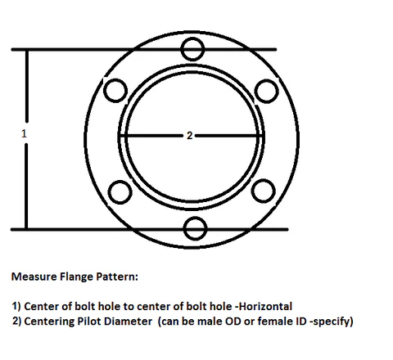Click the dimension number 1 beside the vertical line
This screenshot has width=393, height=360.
coord(24,133)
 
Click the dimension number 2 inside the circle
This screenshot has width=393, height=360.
coord(189,136)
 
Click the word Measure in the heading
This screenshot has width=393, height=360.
coord(34,277)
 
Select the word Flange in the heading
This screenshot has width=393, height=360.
coord(76,277)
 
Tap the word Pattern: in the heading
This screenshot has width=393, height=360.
coord(117,277)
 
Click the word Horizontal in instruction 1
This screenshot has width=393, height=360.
coord(265,306)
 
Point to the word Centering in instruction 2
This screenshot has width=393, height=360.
coord(49,322)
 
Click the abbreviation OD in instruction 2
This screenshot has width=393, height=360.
coord(233,321)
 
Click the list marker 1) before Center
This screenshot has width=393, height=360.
coord(16,306)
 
